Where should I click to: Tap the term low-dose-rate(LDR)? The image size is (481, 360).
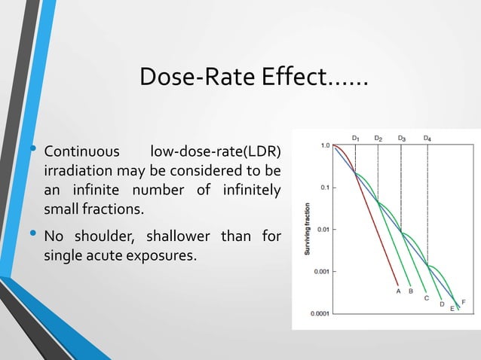pyautogui.click(x=216, y=146)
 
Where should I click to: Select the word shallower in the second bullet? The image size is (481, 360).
pyautogui.click(x=178, y=238)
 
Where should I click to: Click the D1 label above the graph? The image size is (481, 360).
pyautogui.click(x=355, y=139)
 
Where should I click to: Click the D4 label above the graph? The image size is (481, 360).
pyautogui.click(x=427, y=139)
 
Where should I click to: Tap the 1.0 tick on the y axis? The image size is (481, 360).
pyautogui.click(x=324, y=145)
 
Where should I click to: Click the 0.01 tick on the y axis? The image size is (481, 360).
pyautogui.click(x=323, y=229)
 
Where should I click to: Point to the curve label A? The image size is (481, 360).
pyautogui.click(x=398, y=290)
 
